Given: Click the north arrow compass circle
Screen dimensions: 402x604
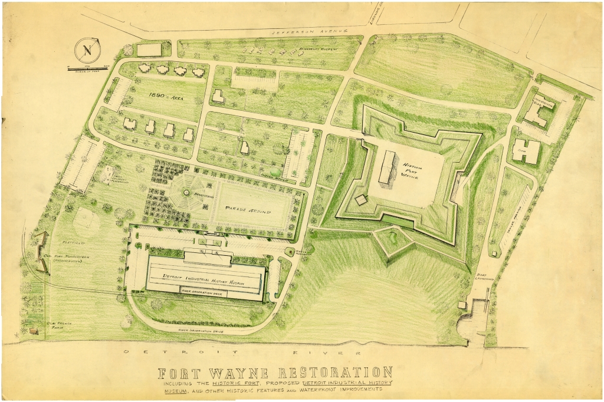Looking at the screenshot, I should click(86, 51).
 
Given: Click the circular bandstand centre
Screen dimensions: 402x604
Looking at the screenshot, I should click(186, 192).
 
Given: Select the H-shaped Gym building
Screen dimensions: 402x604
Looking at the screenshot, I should click(525, 151).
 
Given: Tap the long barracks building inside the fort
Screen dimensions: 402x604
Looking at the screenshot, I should click(388, 169).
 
